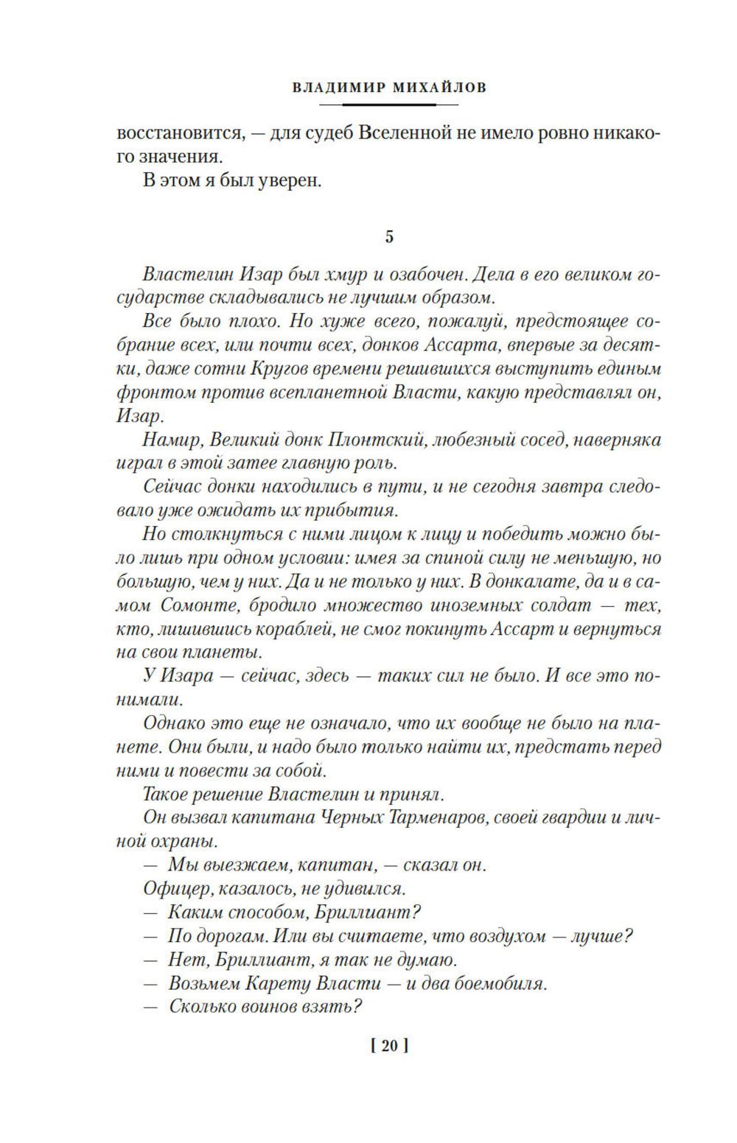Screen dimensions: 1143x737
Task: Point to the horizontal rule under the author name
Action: [x=390, y=105]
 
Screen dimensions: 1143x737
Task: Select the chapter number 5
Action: [x=390, y=236]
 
